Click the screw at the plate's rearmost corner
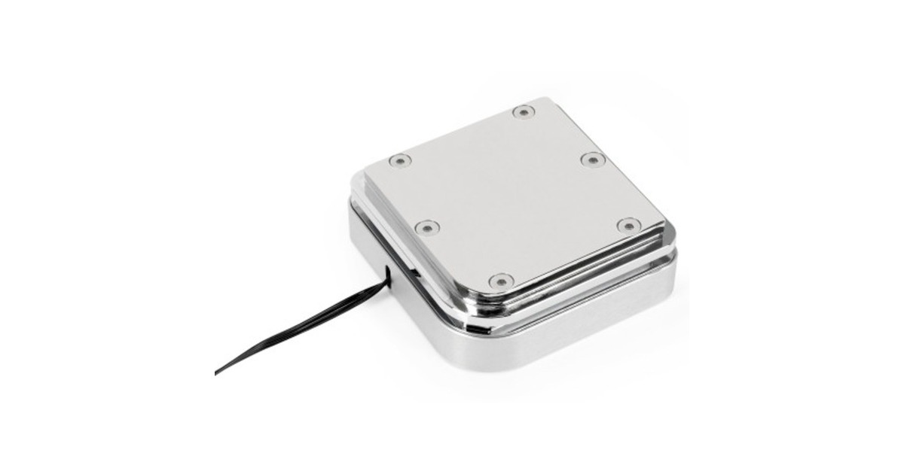523,112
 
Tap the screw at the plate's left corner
399,160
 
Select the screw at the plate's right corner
628,225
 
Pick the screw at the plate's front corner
501,281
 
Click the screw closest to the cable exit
426,226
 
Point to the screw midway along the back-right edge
593,160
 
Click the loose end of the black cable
217,372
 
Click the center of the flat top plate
512,196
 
